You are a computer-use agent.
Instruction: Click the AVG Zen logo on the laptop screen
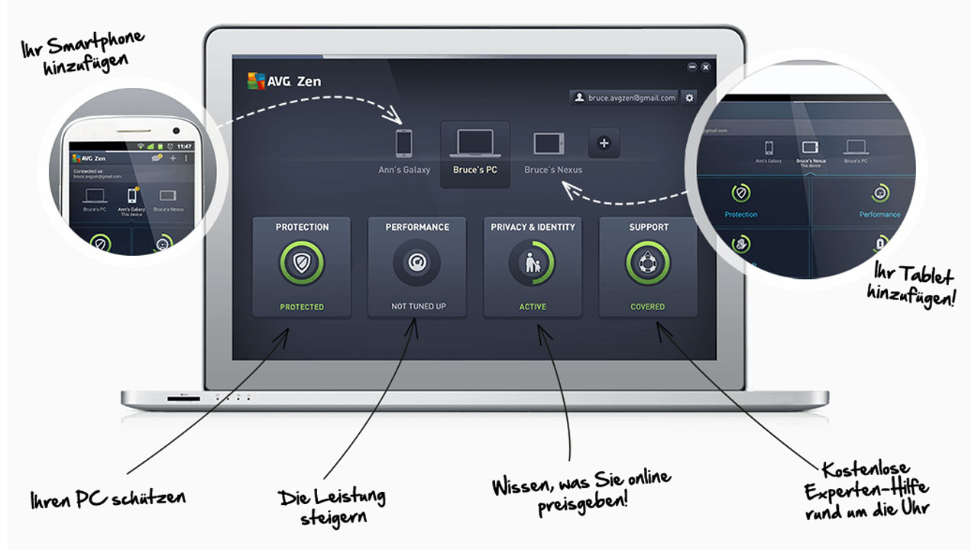(284, 80)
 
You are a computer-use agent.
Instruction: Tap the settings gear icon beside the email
(689, 98)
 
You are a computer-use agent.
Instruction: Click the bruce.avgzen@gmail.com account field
(625, 98)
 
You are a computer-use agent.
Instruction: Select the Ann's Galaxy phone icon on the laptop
(404, 144)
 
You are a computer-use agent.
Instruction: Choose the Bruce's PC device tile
(474, 154)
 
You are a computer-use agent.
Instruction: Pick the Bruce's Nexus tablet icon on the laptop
(549, 144)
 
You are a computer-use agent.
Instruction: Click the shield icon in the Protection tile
(302, 263)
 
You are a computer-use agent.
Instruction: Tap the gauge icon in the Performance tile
(417, 263)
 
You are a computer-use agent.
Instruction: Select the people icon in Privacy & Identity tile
(533, 263)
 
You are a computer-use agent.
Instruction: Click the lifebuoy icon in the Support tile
(648, 263)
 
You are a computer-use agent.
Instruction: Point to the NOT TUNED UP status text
(418, 306)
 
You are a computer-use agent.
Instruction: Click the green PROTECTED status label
(302, 306)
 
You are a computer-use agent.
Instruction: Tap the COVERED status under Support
(648, 306)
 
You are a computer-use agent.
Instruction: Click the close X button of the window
(705, 67)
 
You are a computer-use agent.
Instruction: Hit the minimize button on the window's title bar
(691, 67)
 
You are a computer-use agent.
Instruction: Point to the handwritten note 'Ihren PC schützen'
(108, 499)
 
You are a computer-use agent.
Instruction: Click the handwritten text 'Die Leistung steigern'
(332, 506)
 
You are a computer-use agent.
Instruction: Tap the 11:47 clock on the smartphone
(184, 146)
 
